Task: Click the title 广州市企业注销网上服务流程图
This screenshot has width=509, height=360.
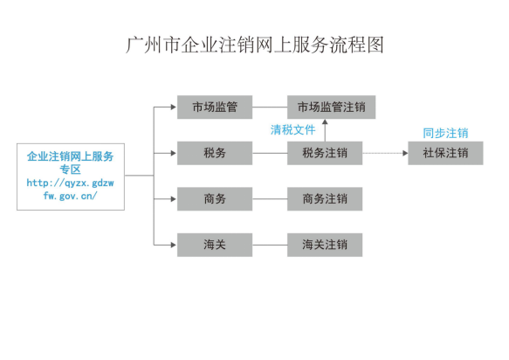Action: click(255, 45)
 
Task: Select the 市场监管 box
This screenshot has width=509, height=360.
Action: click(215, 107)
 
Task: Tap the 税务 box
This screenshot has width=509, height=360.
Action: click(215, 153)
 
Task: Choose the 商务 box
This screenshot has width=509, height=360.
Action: click(215, 199)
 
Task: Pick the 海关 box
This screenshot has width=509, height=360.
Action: click(215, 245)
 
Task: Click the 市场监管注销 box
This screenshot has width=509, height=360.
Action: click(332, 107)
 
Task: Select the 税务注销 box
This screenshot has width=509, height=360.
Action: click(325, 153)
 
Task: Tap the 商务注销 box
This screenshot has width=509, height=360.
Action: click(325, 199)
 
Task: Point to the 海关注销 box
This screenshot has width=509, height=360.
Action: click(325, 245)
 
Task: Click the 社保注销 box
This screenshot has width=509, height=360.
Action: click(445, 153)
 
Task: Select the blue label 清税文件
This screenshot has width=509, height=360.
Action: click(292, 130)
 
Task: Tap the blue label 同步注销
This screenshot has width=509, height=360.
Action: click(445, 133)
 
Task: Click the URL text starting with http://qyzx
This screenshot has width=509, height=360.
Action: click(70, 190)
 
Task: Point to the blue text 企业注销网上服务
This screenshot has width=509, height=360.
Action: click(70, 156)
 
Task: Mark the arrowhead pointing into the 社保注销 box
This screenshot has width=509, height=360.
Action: click(405, 153)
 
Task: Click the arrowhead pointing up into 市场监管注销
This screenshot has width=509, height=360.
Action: click(325, 121)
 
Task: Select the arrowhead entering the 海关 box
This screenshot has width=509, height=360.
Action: click(174, 245)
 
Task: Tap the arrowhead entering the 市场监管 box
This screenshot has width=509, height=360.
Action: click(174, 107)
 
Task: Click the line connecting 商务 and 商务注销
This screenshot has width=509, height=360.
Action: click(270, 199)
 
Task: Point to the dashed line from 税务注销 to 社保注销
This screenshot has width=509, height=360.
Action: click(382, 153)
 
